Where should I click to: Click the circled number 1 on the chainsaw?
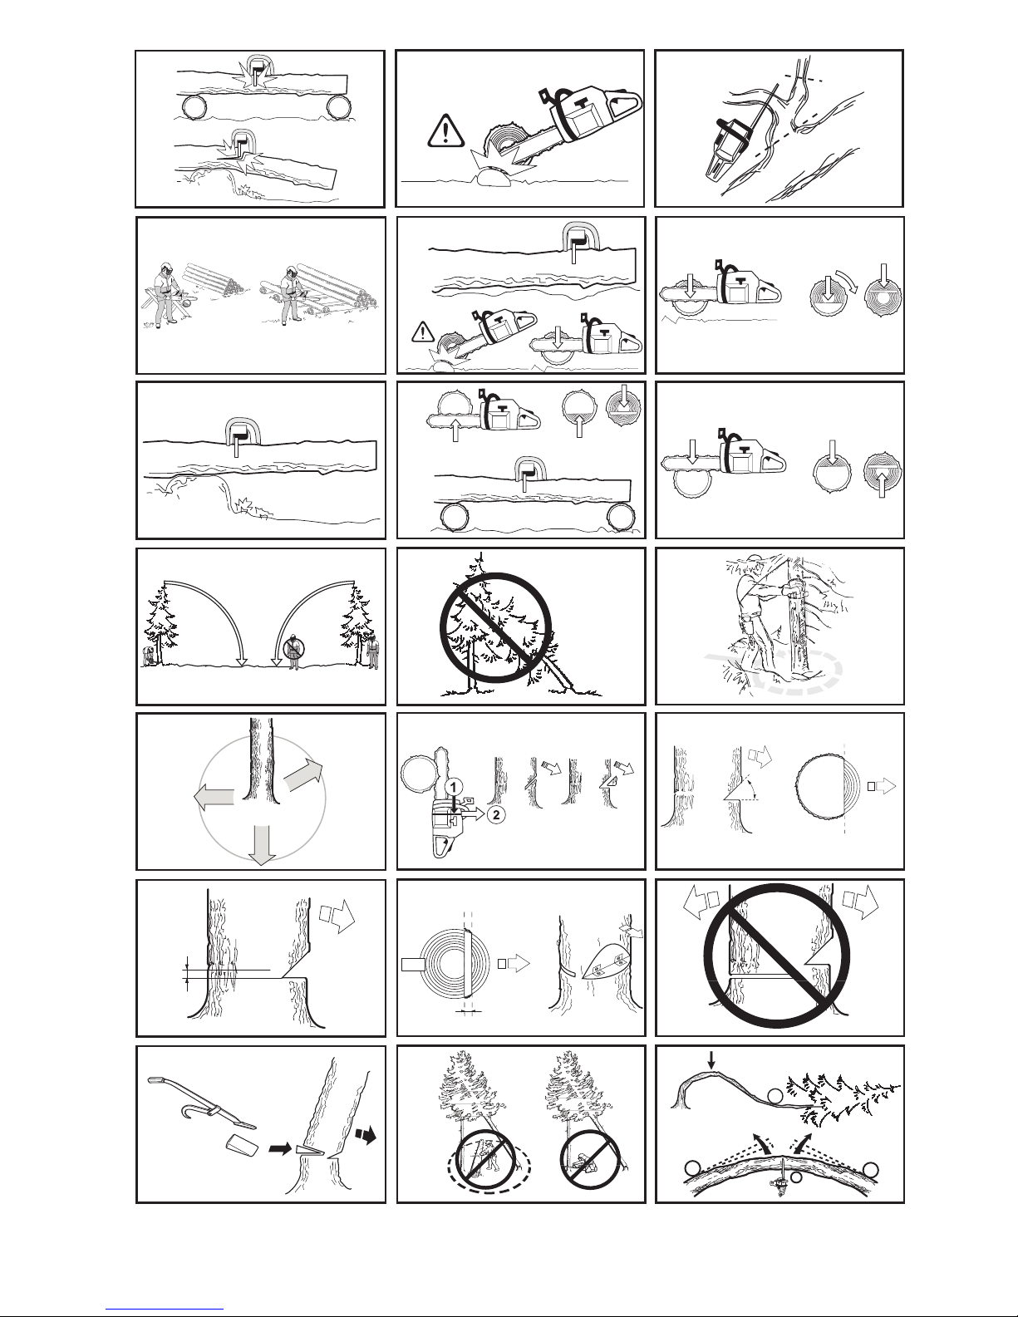coord(454,787)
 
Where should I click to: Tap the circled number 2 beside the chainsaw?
coord(495,814)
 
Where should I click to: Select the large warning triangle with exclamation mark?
coord(445,130)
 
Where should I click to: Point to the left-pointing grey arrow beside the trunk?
coord(214,796)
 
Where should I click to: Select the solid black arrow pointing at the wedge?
coord(280,1147)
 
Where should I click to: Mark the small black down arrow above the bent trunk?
coord(712,1059)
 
